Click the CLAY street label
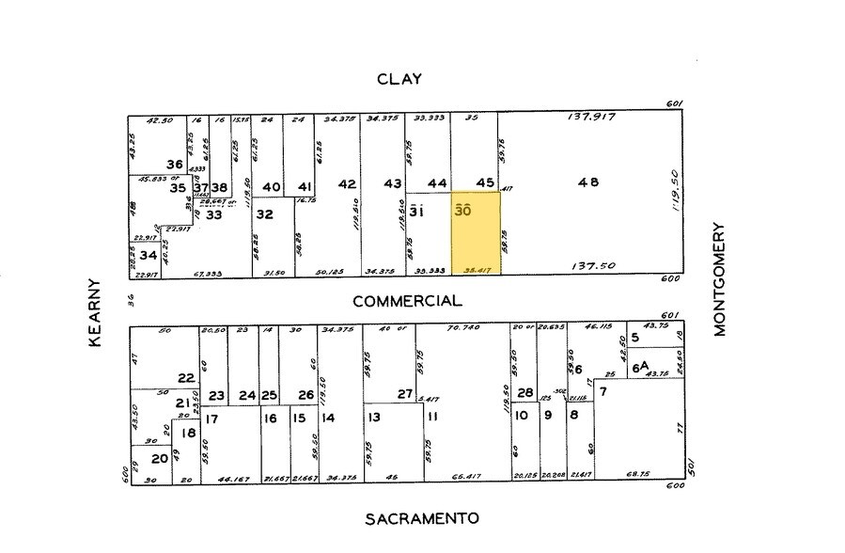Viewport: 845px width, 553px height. click(x=399, y=79)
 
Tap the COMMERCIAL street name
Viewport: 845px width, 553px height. click(x=407, y=302)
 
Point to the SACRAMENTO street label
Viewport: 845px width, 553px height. click(x=422, y=518)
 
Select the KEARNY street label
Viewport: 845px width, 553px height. click(x=95, y=312)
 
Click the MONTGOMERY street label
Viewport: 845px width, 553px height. click(x=721, y=278)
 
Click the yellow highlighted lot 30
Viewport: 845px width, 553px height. click(x=476, y=234)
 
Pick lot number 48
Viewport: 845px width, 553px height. click(x=588, y=182)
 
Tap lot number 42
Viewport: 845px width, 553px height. click(x=347, y=184)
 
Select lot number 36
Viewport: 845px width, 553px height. click(x=174, y=163)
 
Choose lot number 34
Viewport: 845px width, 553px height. click(x=149, y=254)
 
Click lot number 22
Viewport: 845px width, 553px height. click(x=186, y=378)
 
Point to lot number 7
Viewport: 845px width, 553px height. click(x=602, y=389)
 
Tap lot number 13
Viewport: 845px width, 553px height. click(x=373, y=418)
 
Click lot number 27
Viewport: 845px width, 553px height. click(x=405, y=394)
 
